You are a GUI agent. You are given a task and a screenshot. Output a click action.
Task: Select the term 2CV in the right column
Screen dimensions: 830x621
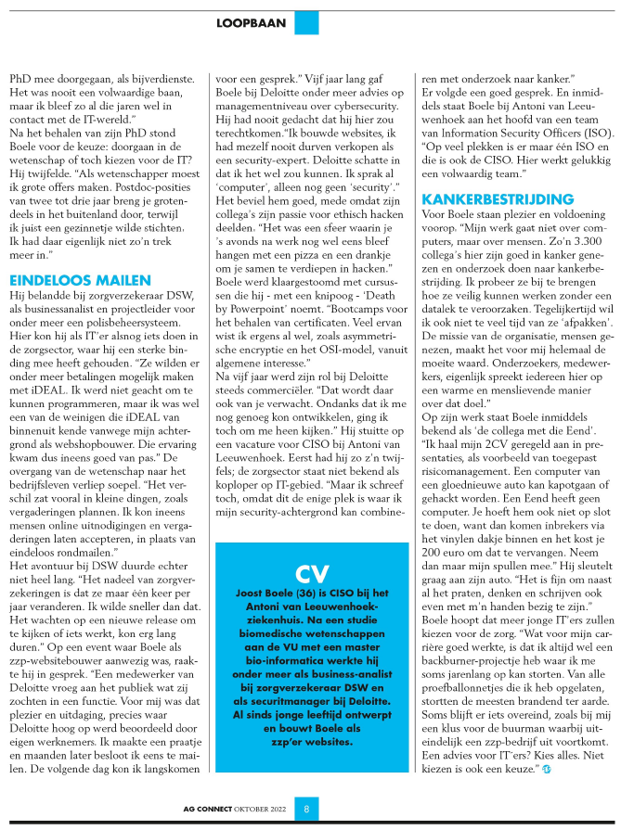tap(488, 475)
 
